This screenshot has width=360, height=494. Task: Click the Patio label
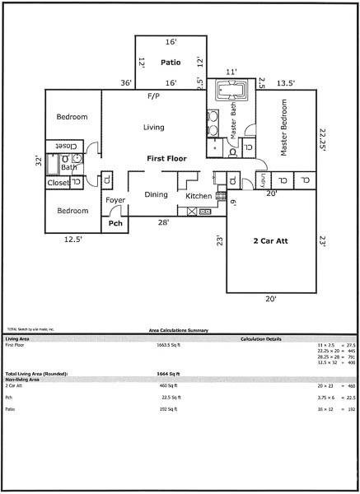[171, 62]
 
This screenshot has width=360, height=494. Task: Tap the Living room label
[153, 128]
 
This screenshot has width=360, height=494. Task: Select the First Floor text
[167, 157]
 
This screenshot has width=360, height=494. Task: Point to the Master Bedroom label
[284, 128]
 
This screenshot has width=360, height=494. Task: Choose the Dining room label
[156, 195]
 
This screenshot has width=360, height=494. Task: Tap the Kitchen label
[198, 196]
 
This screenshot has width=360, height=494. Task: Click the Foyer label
[115, 200]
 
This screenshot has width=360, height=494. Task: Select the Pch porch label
[115, 222]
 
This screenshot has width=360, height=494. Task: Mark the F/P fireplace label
[153, 96]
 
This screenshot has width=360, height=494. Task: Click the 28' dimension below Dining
[164, 223]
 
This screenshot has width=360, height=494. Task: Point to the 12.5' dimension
[73, 240]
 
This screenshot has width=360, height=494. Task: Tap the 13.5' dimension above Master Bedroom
[286, 82]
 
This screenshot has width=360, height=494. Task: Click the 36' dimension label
[126, 82]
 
